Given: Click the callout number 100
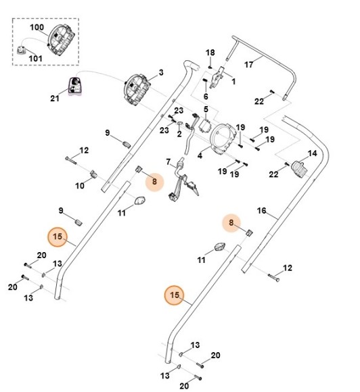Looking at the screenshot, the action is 37,27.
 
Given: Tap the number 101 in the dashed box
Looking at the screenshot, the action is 36,59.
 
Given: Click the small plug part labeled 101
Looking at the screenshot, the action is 22,50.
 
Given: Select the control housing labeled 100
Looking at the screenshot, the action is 61,39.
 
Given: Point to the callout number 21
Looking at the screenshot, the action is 55,98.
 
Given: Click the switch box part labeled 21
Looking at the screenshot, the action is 75,86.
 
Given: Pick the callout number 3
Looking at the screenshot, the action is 161,72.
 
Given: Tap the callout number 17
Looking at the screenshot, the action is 248,65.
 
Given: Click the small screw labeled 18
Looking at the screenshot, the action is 210,67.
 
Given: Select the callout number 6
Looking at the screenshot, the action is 206,96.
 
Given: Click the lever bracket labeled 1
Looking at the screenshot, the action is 217,77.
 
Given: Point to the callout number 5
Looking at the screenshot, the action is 206,109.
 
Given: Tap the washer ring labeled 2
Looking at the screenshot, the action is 180,123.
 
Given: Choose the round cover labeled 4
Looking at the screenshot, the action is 223,139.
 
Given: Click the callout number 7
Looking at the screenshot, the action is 168,162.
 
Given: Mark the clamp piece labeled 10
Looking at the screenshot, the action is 93,174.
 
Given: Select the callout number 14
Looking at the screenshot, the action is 312,153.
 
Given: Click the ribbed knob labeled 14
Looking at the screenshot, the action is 299,169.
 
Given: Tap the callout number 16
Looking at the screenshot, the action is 262,211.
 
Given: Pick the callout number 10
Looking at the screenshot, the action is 80,186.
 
